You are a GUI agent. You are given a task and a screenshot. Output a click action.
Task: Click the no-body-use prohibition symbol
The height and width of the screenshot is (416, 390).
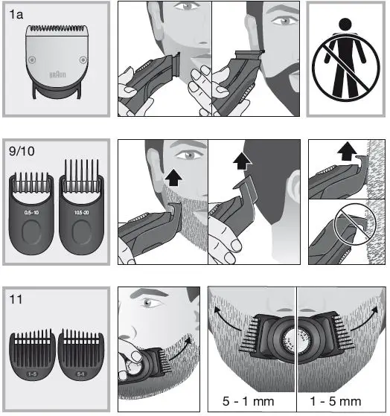point(346,59)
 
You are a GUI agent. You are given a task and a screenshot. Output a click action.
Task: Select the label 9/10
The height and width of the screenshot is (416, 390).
point(23,154)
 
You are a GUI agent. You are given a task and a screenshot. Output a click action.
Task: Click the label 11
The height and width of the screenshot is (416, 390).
point(16,301)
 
